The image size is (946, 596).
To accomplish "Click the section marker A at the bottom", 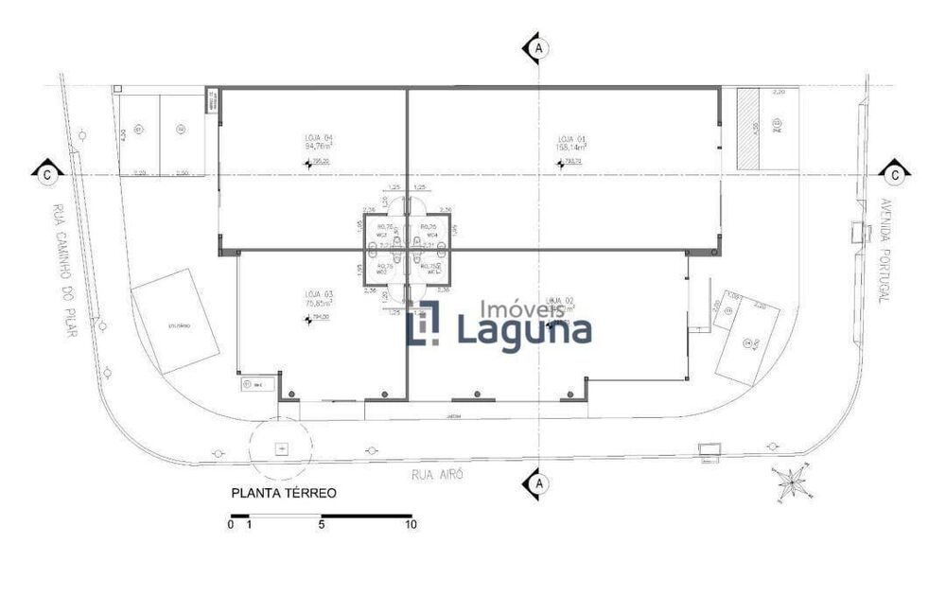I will point(538,483).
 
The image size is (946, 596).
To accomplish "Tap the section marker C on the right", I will point(894,173).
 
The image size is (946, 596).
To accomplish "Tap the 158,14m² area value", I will point(571,148).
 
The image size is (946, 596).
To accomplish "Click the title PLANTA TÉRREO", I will point(284,493).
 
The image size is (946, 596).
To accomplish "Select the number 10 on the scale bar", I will point(411,524).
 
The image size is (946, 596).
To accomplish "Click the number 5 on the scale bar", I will point(322,524).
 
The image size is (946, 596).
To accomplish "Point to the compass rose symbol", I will point(789,482).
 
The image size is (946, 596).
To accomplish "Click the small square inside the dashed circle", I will point(280,447).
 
